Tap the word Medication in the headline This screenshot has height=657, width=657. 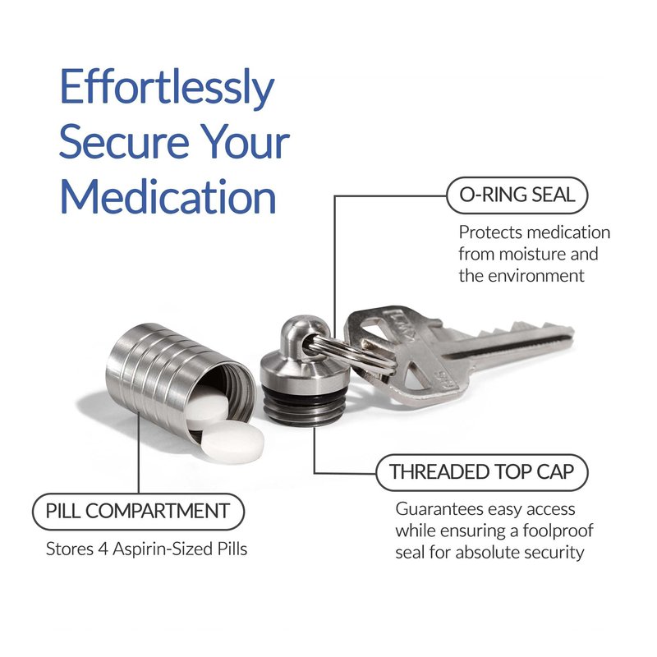click(168, 196)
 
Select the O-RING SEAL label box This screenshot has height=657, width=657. click(517, 195)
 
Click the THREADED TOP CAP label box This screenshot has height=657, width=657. click(482, 472)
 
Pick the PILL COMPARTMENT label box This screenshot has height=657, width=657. click(138, 512)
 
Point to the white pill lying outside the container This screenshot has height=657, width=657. click(232, 443)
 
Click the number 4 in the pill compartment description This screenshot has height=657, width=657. click(103, 549)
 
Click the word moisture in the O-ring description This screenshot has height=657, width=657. click(530, 255)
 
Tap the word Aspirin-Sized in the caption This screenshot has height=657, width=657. click(162, 549)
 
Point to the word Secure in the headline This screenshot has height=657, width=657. click(124, 142)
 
